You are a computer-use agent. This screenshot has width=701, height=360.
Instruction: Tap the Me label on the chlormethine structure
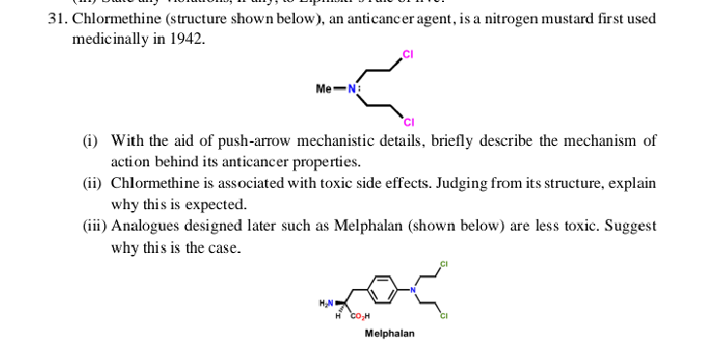[326, 89]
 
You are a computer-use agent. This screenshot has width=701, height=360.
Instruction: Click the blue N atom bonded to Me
[352, 89]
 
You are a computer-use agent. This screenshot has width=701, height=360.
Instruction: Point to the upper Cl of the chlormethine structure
[406, 54]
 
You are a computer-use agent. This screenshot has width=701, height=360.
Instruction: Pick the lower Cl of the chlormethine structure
[408, 122]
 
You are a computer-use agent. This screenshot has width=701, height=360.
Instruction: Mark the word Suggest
[630, 226]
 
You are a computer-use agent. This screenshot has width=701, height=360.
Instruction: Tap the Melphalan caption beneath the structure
[389, 334]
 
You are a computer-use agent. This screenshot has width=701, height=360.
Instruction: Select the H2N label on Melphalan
[326, 304]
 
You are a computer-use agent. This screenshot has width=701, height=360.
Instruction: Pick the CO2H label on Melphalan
[359, 316]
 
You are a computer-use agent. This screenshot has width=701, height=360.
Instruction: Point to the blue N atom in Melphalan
[413, 289]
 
